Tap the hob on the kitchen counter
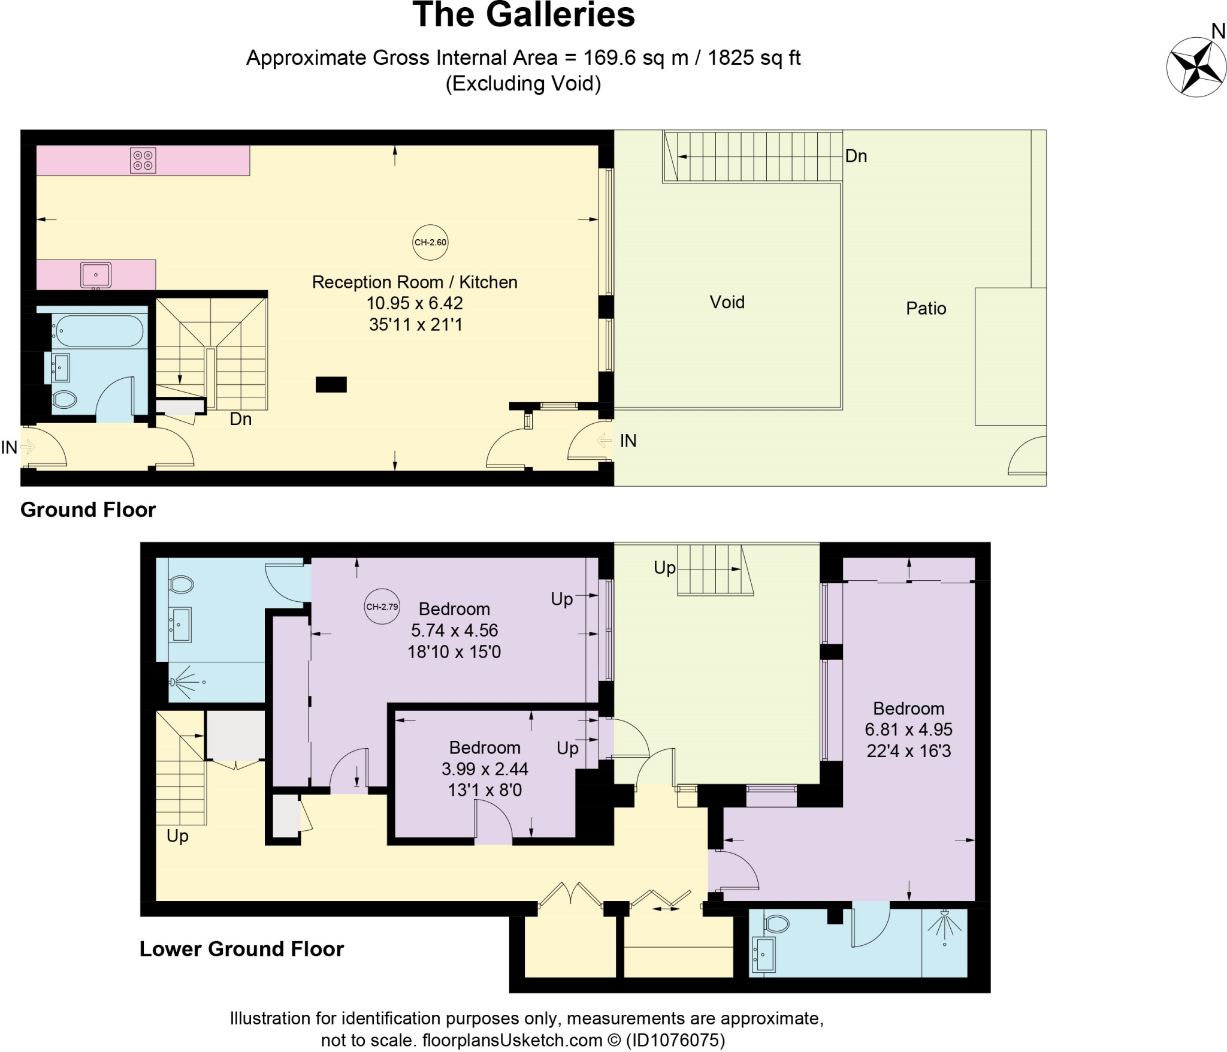143,160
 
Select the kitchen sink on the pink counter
96,275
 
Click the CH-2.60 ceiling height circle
430,242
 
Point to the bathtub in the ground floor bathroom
99,330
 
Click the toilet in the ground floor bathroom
65,399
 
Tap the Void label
727,302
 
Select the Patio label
926,309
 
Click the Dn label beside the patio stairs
856,156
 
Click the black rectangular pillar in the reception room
331,384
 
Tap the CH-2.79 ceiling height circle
382,607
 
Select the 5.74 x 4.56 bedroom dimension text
454,631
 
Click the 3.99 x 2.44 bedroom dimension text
485,769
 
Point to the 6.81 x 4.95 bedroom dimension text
908,730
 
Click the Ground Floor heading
88,510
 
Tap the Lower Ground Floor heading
241,949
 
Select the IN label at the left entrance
9,447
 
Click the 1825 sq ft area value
754,58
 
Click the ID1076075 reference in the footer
675,1040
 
